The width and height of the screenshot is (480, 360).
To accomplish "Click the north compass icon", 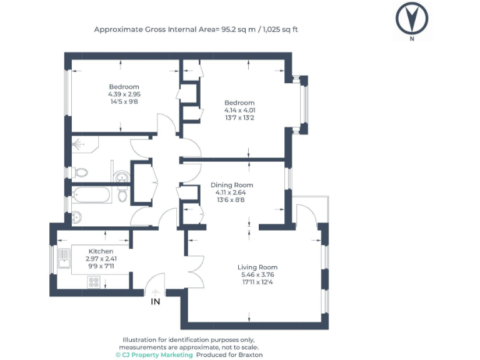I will tap(411, 19).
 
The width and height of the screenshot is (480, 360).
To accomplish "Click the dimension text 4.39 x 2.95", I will tap(124, 94).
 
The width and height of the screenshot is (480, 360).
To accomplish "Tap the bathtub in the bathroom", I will tap(91, 195).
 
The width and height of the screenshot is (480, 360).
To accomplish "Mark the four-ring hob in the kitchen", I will tap(94, 281).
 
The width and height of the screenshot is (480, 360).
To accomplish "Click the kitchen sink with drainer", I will tap(63, 259).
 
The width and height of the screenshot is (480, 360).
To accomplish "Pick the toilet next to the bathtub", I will tap(123, 196).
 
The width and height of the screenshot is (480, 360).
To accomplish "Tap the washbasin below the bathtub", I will tap(76, 217).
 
